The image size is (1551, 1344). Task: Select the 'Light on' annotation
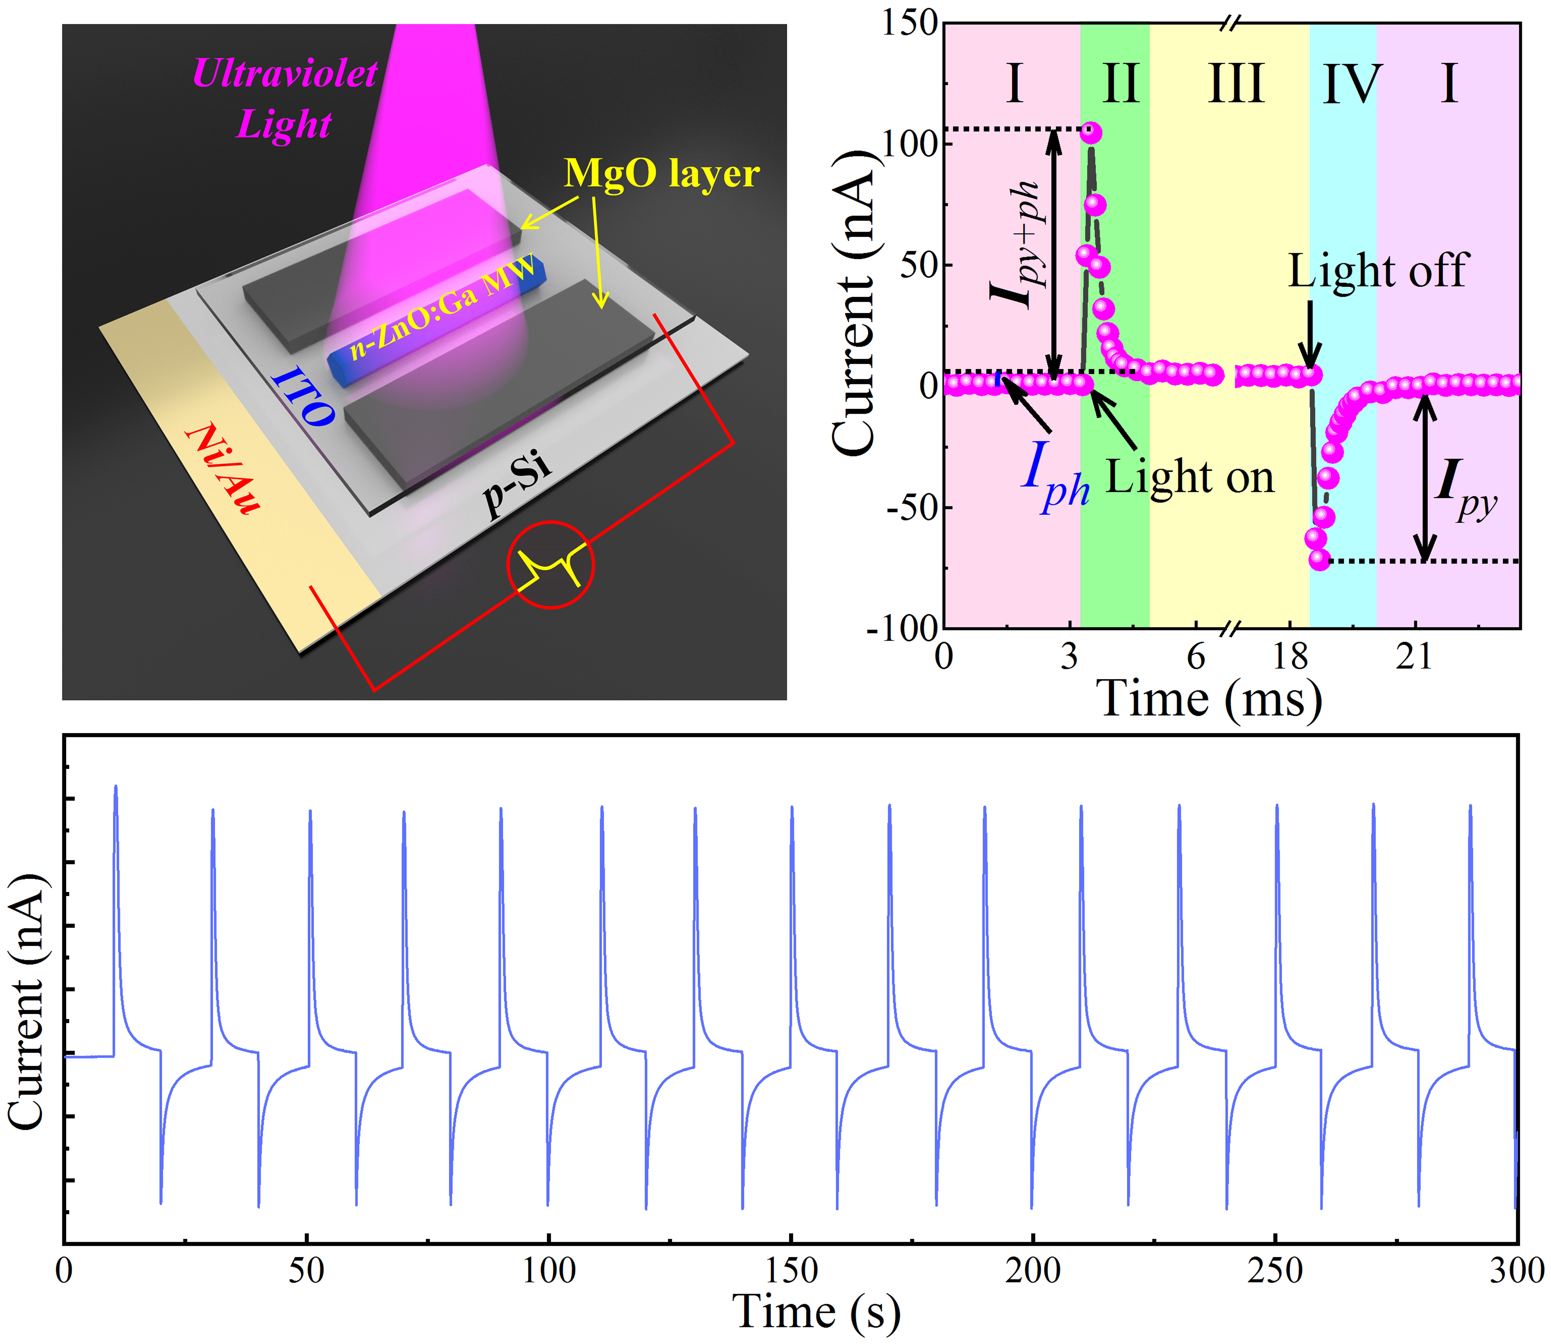[x=1190, y=478]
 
